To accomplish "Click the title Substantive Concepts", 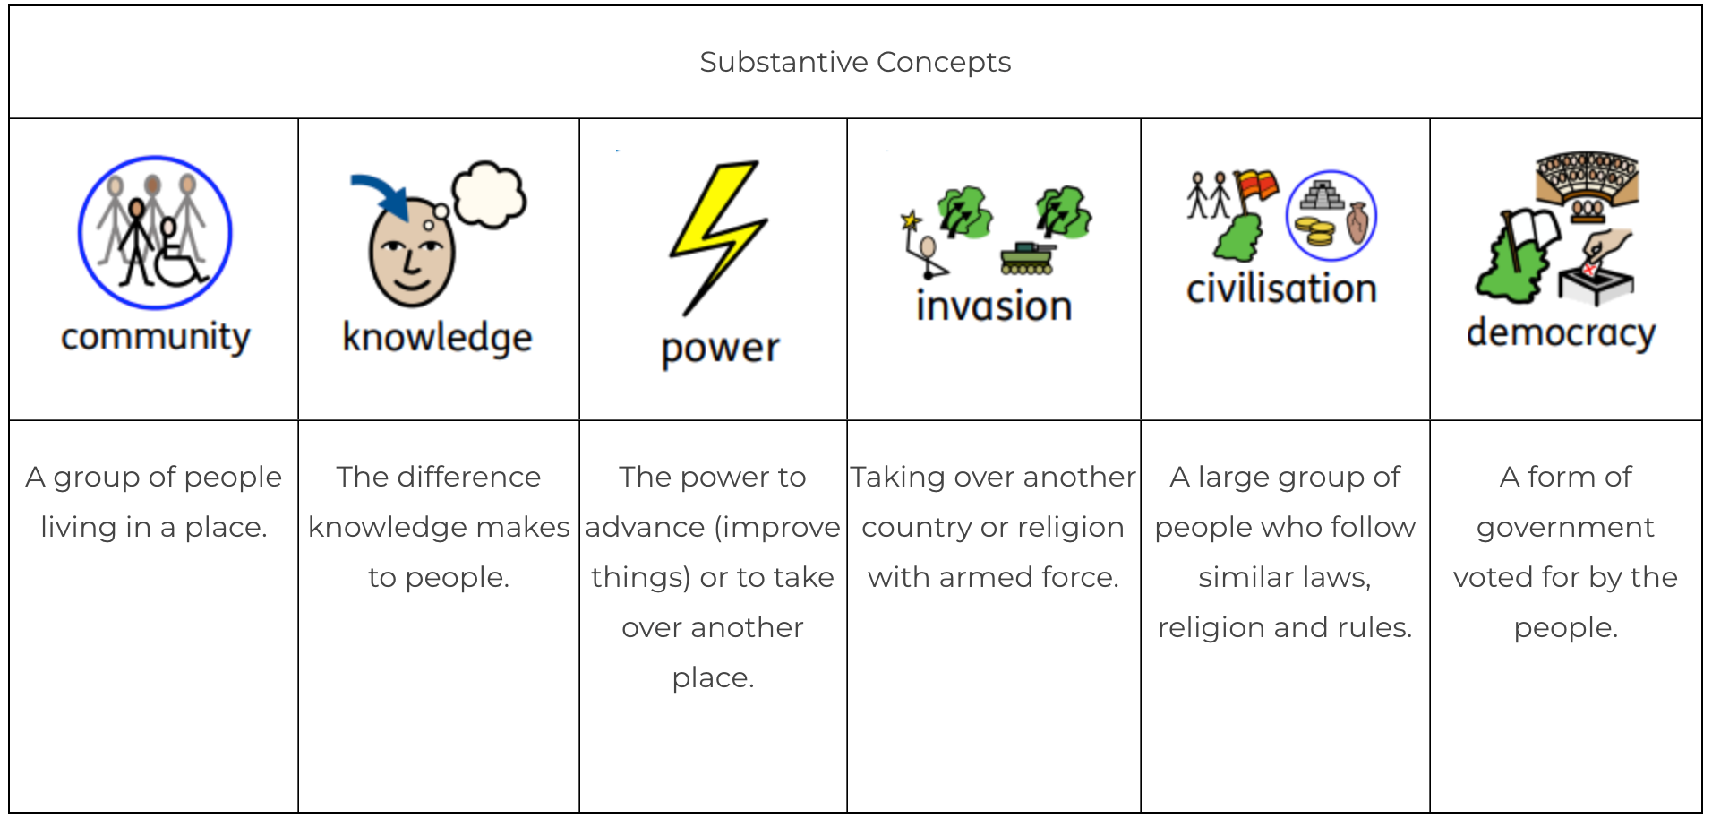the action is click(x=855, y=62).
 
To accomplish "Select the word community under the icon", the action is click(x=156, y=338).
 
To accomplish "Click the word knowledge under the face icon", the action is click(x=438, y=339).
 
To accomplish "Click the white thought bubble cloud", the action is click(x=489, y=194).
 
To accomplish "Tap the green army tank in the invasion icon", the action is click(x=1027, y=258).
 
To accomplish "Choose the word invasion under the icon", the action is click(x=994, y=306).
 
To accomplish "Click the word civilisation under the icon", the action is click(x=1281, y=289).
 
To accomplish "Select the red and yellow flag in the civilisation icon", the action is click(x=1256, y=185).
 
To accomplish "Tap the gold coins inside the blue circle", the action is click(x=1314, y=231).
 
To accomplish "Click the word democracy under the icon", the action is click(x=1561, y=333).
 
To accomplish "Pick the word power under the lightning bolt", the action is click(x=720, y=349).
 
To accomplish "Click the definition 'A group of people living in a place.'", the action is click(x=154, y=502).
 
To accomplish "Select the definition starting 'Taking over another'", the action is click(x=994, y=527).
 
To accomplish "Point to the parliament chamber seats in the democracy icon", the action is click(x=1587, y=177).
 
